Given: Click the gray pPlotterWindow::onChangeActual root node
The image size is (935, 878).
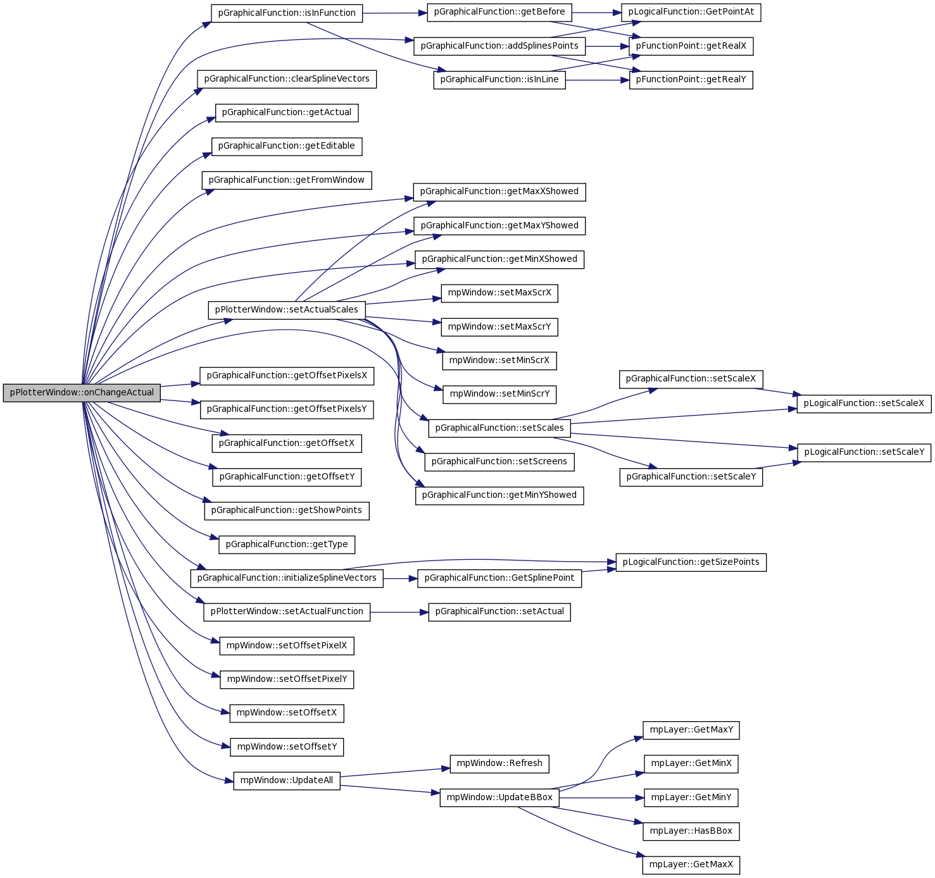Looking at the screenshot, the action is [82, 393].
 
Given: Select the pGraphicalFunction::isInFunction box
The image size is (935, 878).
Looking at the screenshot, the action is [287, 13].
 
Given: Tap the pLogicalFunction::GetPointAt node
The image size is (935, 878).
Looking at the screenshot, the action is [691, 12].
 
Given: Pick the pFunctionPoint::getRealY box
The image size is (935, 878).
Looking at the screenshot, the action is [691, 80].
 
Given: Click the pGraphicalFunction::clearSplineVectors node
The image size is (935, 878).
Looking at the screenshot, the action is [287, 79].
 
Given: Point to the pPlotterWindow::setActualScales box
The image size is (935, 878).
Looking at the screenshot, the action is [287, 310].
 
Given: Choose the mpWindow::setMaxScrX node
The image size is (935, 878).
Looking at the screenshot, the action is [499, 293].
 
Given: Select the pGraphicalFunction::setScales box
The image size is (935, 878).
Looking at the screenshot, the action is [499, 428].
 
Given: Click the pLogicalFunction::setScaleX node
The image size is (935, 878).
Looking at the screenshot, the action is [863, 404].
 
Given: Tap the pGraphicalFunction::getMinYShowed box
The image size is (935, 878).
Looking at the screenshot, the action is [499, 495].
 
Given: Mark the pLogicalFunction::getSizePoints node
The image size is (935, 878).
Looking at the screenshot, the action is [691, 563].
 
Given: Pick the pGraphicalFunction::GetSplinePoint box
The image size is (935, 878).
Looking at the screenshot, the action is [499, 578].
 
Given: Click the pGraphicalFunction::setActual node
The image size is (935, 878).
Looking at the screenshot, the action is [499, 612].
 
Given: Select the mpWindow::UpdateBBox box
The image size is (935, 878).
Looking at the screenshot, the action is [499, 798].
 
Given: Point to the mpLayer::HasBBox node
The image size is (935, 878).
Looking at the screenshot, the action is [691, 831].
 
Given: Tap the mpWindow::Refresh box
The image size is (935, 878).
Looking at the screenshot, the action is [499, 764].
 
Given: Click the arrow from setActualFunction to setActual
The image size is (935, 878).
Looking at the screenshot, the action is [399, 612].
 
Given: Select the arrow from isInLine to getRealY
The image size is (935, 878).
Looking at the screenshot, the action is [598, 80].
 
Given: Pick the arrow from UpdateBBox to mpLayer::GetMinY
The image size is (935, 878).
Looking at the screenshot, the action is [601, 798].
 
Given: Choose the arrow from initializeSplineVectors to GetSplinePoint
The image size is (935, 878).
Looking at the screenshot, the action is [400, 578].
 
